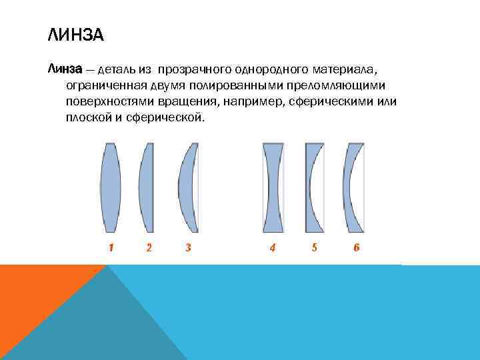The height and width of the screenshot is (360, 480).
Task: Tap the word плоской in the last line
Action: (x=86, y=118)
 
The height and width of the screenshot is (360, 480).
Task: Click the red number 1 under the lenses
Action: (x=111, y=247)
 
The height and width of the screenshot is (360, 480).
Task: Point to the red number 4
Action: (x=273, y=247)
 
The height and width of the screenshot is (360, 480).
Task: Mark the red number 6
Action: (x=357, y=247)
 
